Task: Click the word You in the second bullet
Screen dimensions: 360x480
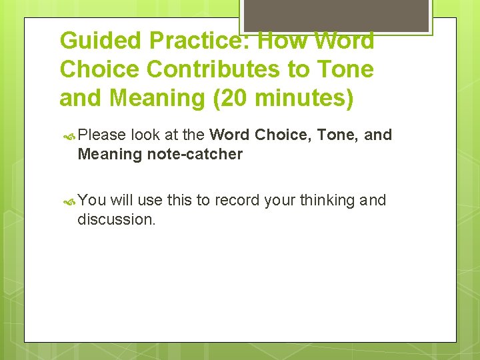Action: (x=91, y=200)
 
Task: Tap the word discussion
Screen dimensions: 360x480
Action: (x=117, y=219)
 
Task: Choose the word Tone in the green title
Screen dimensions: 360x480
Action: (x=342, y=69)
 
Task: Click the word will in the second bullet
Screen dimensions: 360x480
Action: (x=123, y=200)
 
